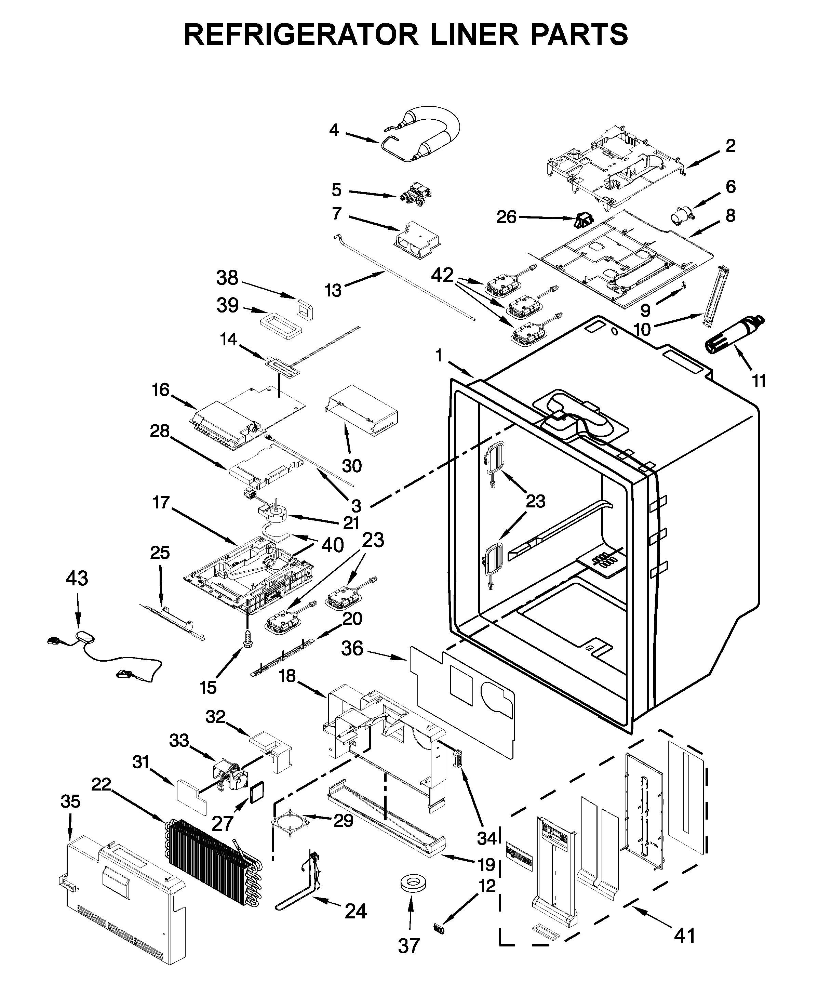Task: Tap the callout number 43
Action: pyautogui.click(x=77, y=578)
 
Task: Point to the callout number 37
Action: pyautogui.click(x=408, y=959)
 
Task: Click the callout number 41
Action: pyautogui.click(x=684, y=935)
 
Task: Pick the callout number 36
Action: pyautogui.click(x=352, y=649)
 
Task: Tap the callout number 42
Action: pyautogui.click(x=442, y=275)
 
